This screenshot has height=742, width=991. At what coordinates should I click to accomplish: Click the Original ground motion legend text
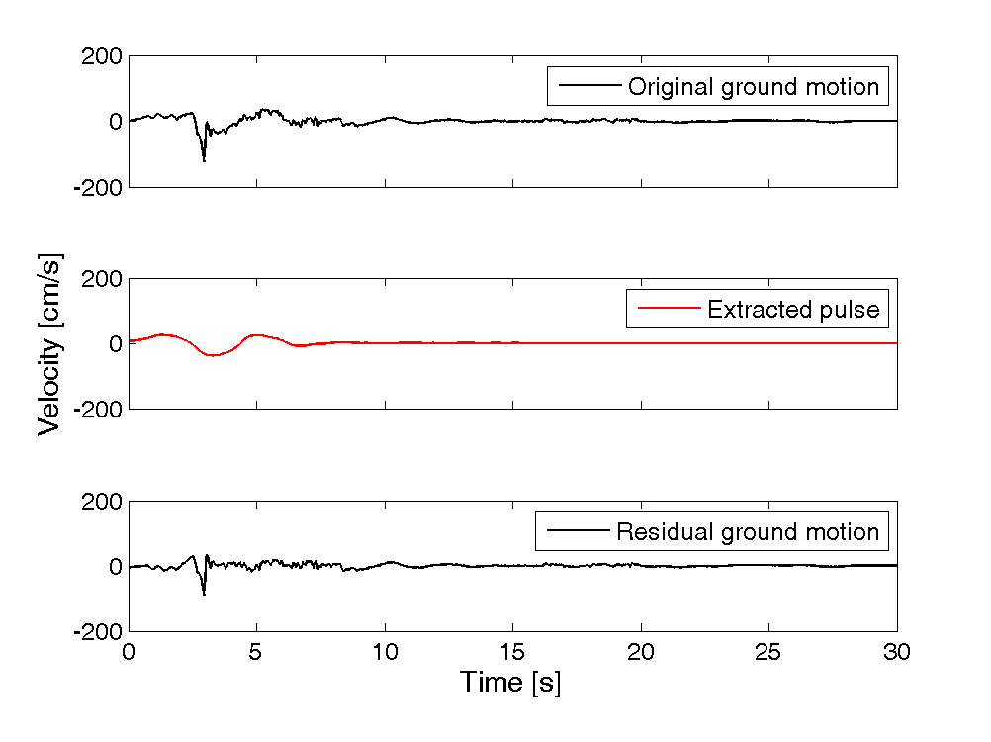pyautogui.click(x=753, y=87)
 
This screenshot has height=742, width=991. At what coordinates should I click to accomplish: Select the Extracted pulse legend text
pyautogui.click(x=792, y=310)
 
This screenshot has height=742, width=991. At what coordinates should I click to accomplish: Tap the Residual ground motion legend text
pyautogui.click(x=747, y=532)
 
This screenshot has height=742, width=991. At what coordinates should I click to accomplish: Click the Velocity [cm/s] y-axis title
pyautogui.click(x=49, y=343)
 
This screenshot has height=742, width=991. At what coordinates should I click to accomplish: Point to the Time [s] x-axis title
pyautogui.click(x=509, y=682)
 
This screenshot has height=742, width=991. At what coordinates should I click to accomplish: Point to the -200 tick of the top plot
pyautogui.click(x=97, y=186)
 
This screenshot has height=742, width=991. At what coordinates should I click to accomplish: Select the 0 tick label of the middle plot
pyautogui.click(x=115, y=344)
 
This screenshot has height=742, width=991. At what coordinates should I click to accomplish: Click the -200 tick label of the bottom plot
pyautogui.click(x=97, y=631)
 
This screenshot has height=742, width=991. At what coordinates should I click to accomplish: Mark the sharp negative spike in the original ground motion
pyautogui.click(x=204, y=159)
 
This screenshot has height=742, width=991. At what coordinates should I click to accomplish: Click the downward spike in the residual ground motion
pyautogui.click(x=204, y=594)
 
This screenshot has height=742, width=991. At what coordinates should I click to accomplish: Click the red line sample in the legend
pyautogui.click(x=668, y=310)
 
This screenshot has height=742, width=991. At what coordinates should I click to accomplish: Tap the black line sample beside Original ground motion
pyautogui.click(x=588, y=87)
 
